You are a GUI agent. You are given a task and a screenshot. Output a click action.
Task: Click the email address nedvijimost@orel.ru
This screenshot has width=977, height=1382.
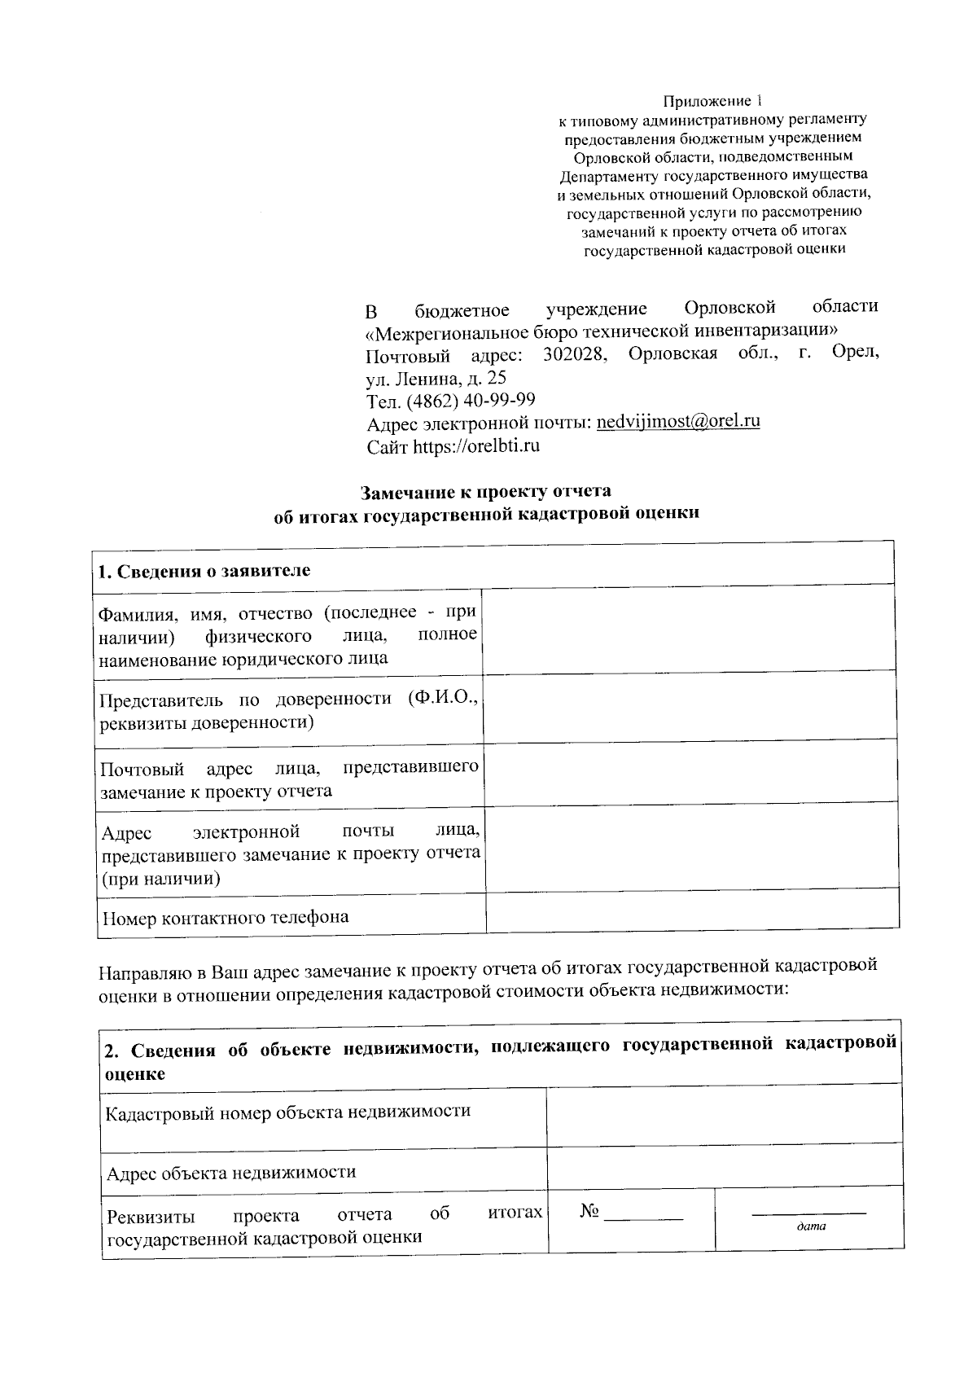[x=678, y=422]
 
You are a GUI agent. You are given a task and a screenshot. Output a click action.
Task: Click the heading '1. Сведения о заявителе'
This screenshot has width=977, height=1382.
[x=204, y=570]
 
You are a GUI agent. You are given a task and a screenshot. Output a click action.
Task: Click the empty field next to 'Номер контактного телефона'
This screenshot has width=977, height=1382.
[x=692, y=910]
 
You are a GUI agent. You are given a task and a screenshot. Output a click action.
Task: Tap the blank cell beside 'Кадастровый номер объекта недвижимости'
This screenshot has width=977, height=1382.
[x=724, y=1113]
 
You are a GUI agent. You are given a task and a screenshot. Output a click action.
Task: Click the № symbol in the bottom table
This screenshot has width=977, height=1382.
[x=589, y=1212]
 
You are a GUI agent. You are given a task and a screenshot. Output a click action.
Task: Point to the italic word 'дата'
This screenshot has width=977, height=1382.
[x=810, y=1226]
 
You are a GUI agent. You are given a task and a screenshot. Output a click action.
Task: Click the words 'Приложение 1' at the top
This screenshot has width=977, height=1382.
[x=713, y=102]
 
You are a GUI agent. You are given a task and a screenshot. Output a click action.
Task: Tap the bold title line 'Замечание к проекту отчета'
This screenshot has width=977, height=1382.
[x=486, y=492]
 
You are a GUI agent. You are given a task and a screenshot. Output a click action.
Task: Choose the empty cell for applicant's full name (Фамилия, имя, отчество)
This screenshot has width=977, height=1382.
[x=689, y=629]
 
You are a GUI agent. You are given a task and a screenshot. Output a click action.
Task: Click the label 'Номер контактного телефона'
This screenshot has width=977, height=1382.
[x=226, y=917]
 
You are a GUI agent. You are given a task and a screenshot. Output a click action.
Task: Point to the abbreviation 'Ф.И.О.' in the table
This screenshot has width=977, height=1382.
[x=445, y=700]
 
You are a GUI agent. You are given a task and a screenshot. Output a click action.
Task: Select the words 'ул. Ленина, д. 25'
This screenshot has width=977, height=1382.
[x=436, y=378]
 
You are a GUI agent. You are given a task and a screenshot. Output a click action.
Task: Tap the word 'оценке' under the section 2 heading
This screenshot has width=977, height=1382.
[x=135, y=1073]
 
